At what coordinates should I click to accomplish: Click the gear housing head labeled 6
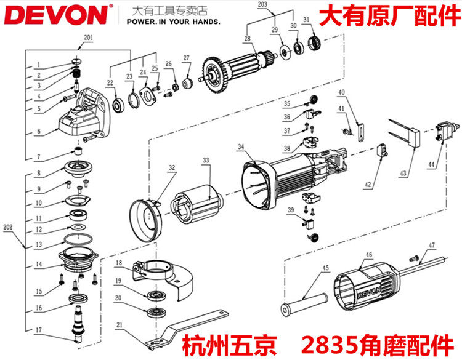tap(80, 119)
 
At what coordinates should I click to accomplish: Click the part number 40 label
tap(341, 93)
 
